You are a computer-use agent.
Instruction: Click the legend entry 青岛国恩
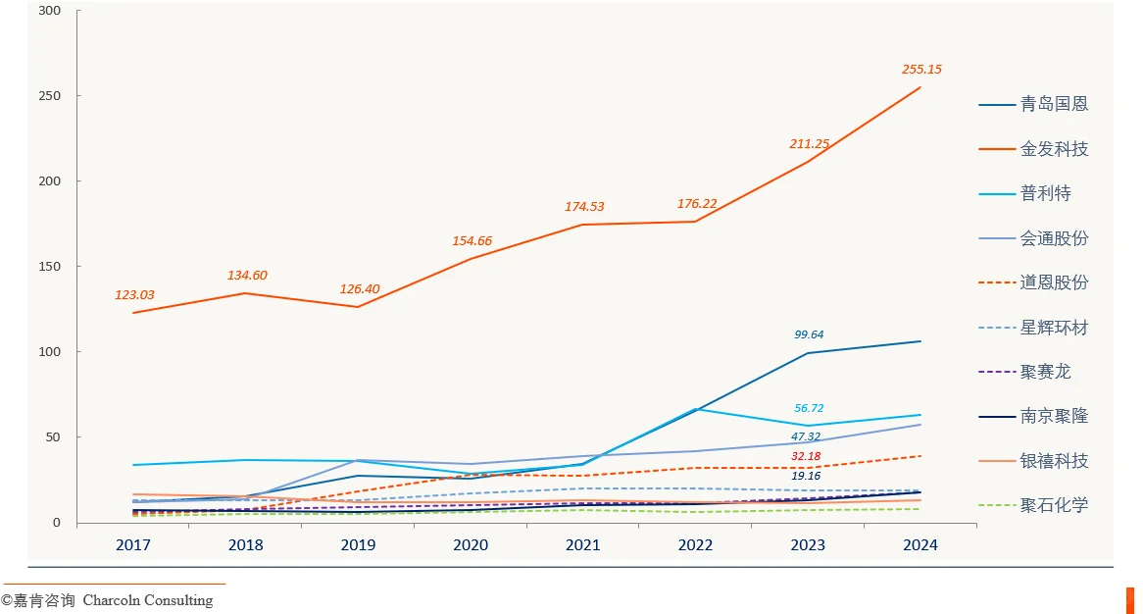pos(1054,104)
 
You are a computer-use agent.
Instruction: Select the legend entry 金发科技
pos(1054,149)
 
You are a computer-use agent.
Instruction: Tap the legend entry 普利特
pos(1046,193)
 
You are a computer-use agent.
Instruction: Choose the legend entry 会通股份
pos(1054,238)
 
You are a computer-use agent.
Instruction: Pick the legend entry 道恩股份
pos(1054,282)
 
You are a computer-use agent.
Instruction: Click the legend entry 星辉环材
pos(1054,328)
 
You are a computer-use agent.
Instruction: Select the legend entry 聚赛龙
pos(1046,372)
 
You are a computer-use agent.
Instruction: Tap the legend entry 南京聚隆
pos(1054,417)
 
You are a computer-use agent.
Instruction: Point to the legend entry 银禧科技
pos(1054,461)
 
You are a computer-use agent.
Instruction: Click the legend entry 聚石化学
pos(1054,506)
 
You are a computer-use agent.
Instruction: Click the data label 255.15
pos(921,70)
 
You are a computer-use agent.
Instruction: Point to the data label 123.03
pos(134,295)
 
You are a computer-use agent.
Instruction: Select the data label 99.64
pos(809,334)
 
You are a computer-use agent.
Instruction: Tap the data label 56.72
pos(809,408)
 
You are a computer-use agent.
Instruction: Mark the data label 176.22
pos(697,204)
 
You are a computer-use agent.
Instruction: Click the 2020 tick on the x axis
pos(471,545)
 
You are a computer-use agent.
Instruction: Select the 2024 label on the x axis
pos(920,545)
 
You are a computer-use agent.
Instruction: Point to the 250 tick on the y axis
pos(48,96)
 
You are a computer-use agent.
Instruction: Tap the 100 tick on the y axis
pos(48,352)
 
